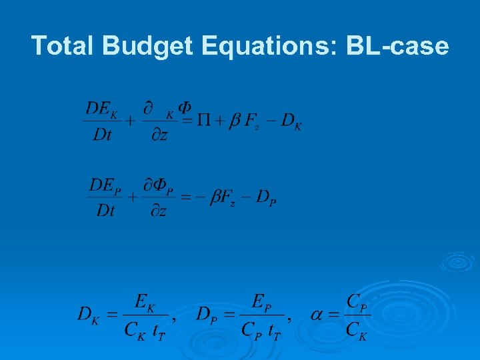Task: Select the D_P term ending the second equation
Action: pos(265,198)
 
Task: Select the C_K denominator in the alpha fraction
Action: pos(357,329)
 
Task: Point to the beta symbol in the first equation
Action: pos(235,121)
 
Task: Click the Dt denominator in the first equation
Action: pos(102,135)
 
